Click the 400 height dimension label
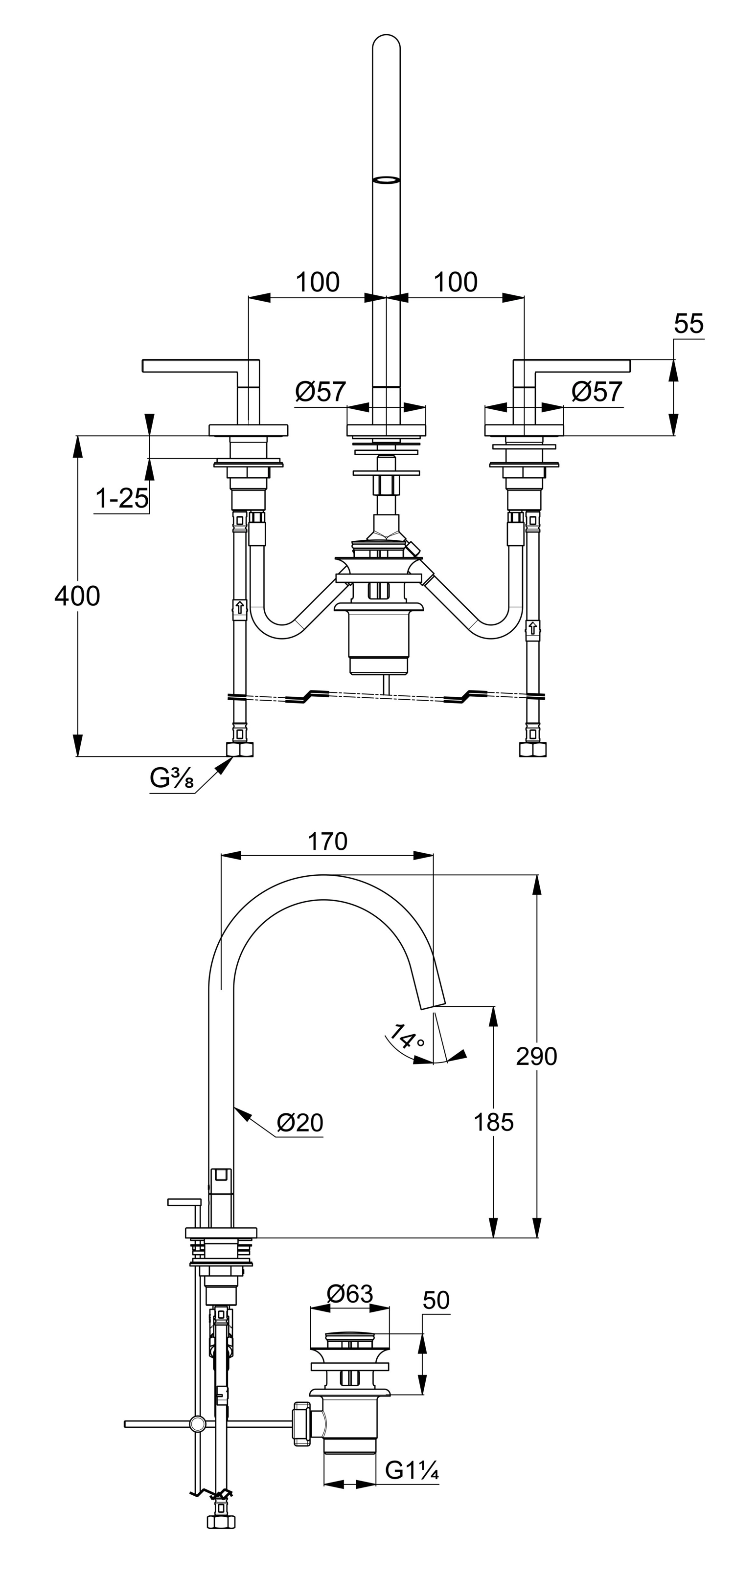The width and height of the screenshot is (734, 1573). [77, 596]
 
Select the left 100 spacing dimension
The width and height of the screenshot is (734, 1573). [317, 282]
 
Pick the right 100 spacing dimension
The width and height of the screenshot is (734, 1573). [455, 282]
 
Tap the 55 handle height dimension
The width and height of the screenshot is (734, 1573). [689, 324]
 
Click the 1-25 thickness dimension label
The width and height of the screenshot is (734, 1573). [122, 499]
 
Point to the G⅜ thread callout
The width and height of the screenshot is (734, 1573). [172, 778]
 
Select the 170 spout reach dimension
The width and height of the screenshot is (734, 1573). [327, 842]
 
